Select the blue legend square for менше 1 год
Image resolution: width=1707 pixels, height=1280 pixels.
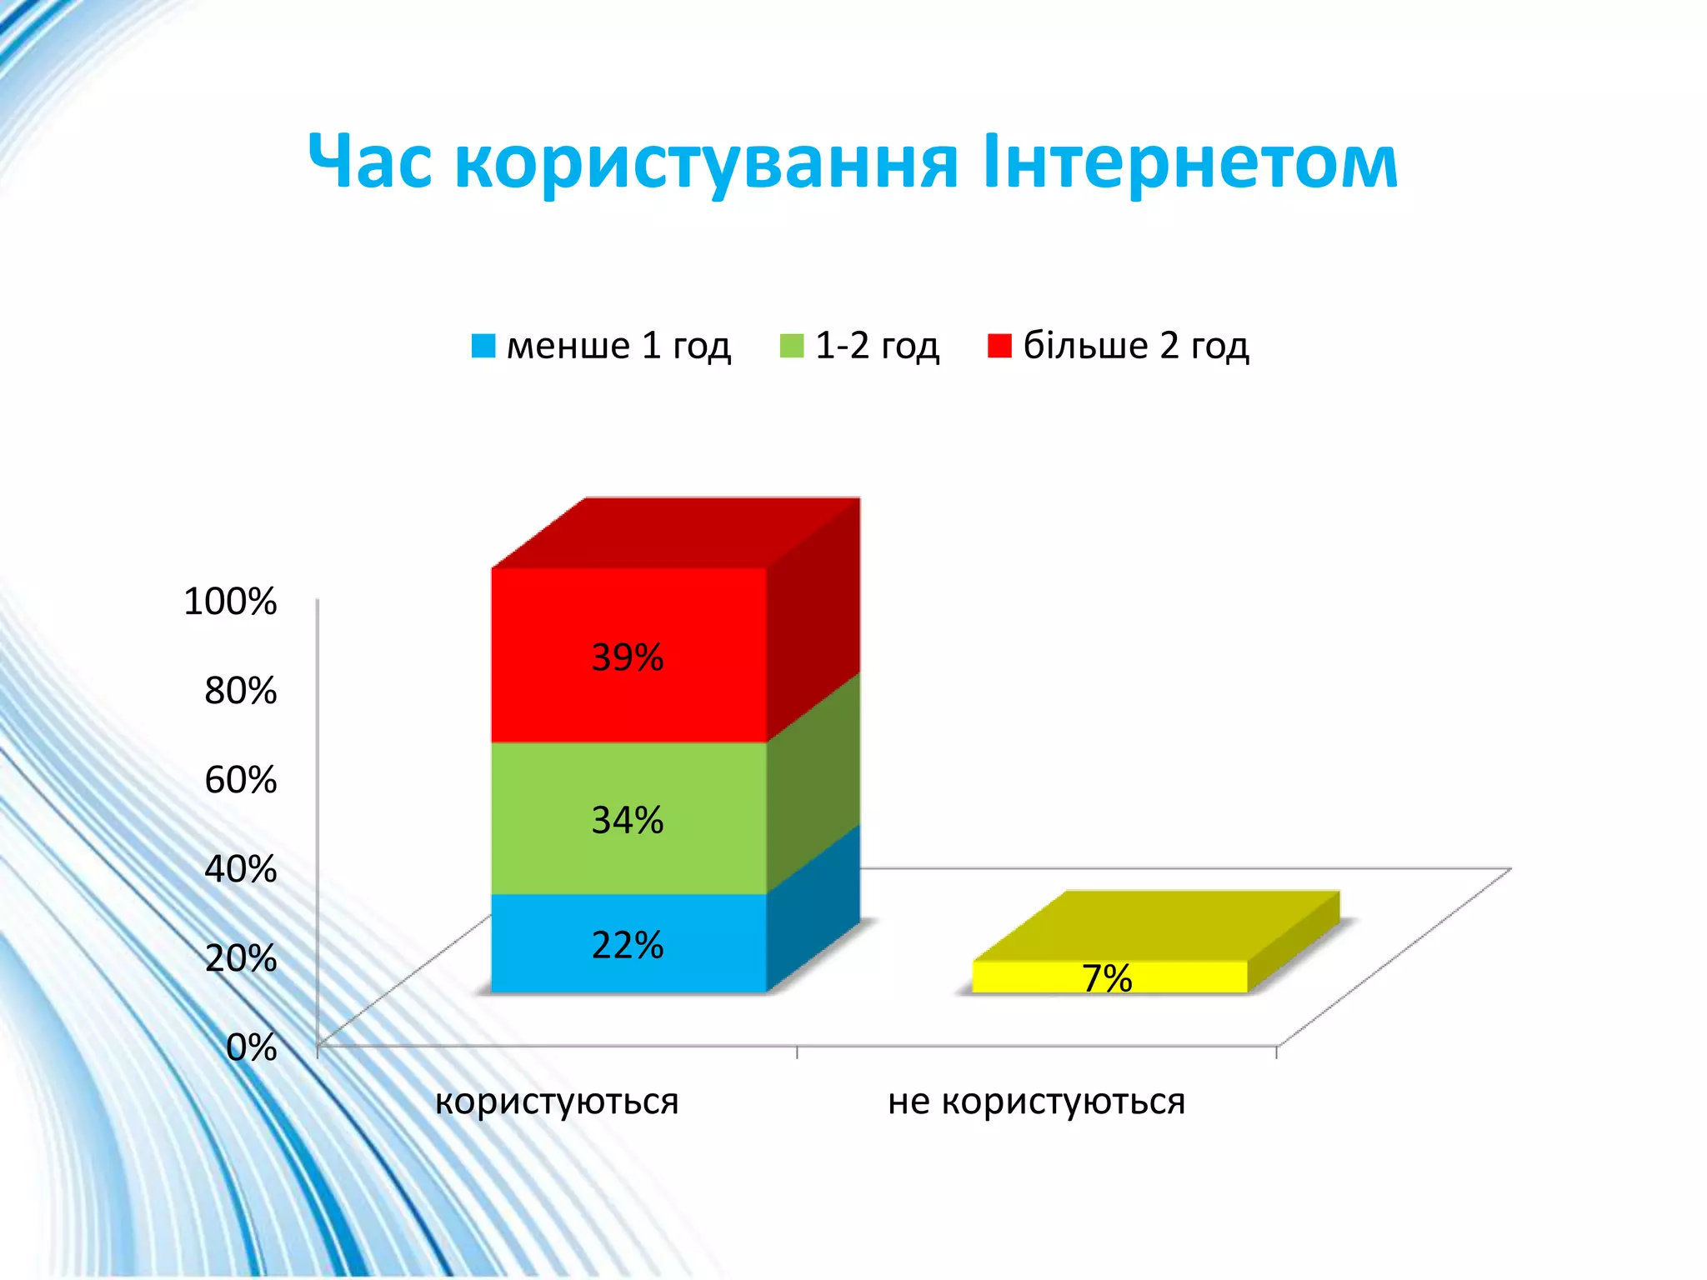pyautogui.click(x=483, y=346)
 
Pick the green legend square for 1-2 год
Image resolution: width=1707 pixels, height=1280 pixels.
pyautogui.click(x=792, y=346)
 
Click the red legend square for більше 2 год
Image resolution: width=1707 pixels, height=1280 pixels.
pyautogui.click(x=999, y=346)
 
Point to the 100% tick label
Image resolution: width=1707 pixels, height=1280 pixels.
pyautogui.click(x=230, y=601)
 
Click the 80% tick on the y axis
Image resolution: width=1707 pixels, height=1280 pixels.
pyautogui.click(x=240, y=690)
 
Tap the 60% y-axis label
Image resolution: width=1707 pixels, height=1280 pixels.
pyautogui.click(x=240, y=780)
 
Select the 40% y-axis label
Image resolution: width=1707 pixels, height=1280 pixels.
pyautogui.click(x=240, y=869)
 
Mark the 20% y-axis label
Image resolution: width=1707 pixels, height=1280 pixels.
pyautogui.click(x=240, y=958)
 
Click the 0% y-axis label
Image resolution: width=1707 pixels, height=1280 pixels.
pyautogui.click(x=251, y=1047)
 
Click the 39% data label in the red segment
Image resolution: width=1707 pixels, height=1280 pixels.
pyautogui.click(x=628, y=657)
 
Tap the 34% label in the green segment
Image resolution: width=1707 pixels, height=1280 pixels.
pyautogui.click(x=628, y=820)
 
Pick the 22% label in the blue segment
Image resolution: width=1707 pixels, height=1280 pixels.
pyautogui.click(x=628, y=945)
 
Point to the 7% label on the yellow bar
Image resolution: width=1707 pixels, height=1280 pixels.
pyautogui.click(x=1107, y=978)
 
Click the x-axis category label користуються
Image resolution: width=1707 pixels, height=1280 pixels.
pyautogui.click(x=557, y=1102)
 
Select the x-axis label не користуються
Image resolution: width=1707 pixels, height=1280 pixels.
pyautogui.click(x=1036, y=1102)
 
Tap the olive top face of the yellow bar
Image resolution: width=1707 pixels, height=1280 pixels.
pyautogui.click(x=1157, y=926)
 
